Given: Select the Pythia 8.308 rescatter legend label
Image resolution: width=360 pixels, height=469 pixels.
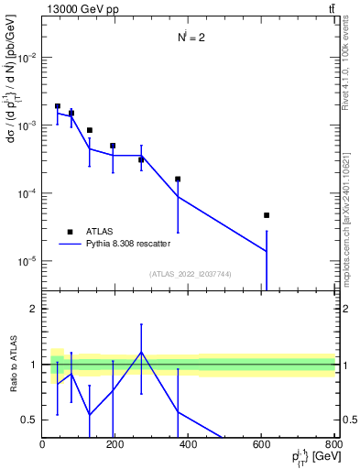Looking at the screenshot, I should click(127, 245).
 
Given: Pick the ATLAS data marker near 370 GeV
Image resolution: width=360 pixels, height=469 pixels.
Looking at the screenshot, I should click(178, 180).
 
